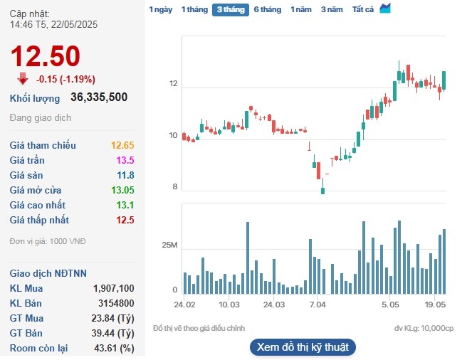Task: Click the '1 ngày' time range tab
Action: (160, 10)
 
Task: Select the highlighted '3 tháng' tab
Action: (230, 10)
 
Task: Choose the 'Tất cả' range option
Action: (363, 10)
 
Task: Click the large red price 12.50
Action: (45, 56)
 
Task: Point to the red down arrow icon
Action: (23, 79)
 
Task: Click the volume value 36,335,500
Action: (99, 97)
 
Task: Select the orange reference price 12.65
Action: (122, 145)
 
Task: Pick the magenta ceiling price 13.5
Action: (125, 160)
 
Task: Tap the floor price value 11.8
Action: (125, 175)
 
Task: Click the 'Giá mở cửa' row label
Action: (36, 190)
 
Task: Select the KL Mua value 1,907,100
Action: (113, 288)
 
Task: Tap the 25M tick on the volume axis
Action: (169, 245)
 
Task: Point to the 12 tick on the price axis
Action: (173, 84)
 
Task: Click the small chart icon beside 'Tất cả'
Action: (385, 9)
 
